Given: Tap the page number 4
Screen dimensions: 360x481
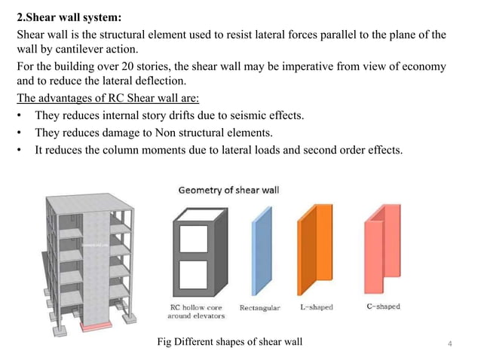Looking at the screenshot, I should point(450,344).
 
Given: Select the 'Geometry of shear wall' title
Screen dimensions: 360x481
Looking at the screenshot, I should point(228,190).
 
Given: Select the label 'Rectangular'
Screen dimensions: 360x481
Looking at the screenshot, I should point(259,307).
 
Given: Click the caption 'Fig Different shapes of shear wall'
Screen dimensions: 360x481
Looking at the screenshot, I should point(229,343).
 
